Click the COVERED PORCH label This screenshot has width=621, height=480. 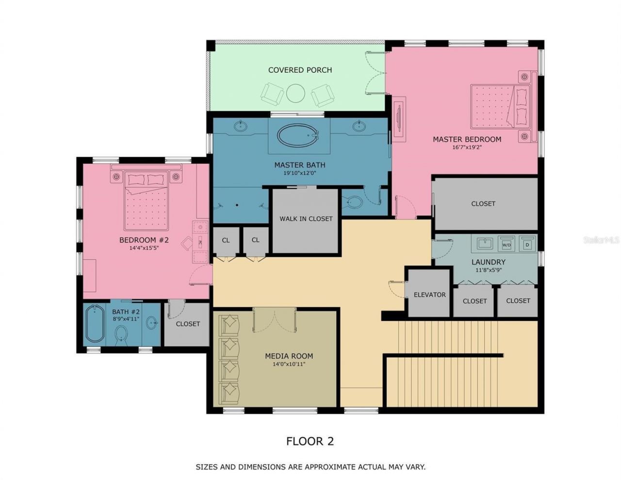300,70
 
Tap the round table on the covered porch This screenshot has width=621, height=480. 295,93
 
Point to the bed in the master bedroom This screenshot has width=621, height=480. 499,106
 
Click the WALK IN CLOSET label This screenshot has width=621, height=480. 306,219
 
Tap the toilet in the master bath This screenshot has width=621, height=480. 354,202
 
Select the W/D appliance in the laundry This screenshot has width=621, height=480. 507,244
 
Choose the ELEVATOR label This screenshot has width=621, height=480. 429,295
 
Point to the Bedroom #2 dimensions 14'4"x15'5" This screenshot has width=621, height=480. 144,248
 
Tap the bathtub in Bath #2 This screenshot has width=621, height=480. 94,324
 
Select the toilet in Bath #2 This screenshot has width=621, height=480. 121,334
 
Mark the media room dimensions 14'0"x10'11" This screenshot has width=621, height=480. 289,364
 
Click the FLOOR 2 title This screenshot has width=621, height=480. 310,441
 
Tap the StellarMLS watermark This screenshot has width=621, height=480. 602,240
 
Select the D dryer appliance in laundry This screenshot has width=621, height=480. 527,244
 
